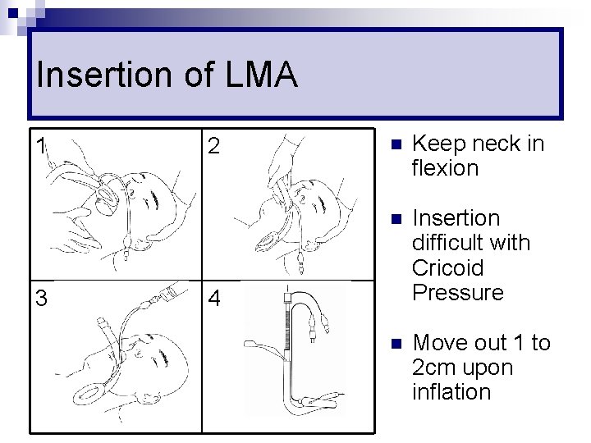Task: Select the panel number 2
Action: click(213, 147)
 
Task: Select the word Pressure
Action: click(457, 292)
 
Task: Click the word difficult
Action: click(470, 243)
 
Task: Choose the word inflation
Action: click(451, 392)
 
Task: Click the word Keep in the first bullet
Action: click(436, 144)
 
